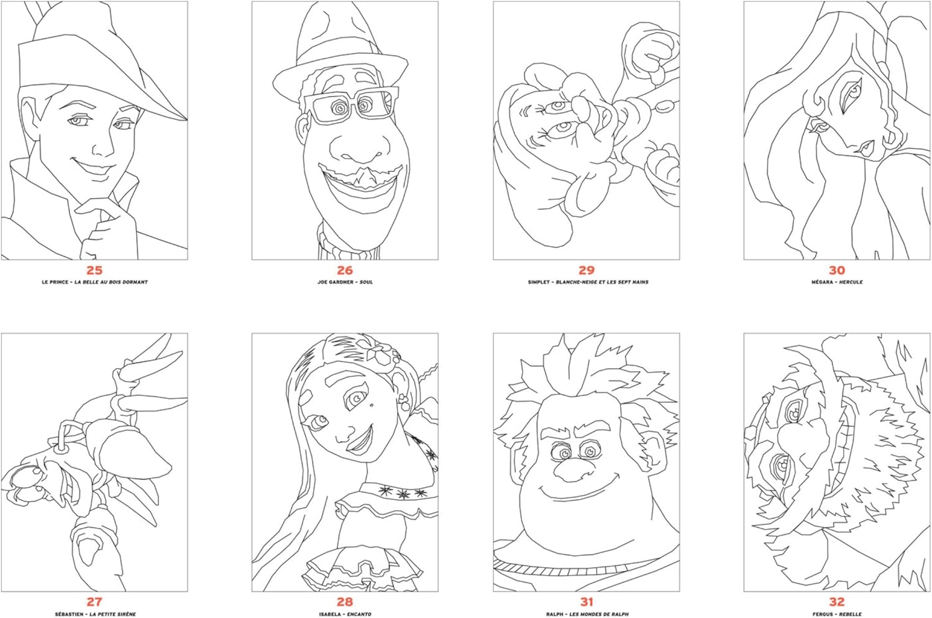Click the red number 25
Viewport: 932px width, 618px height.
(94, 270)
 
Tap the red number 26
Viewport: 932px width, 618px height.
(345, 270)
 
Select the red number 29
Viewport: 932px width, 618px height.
(587, 270)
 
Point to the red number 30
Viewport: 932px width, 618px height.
(837, 270)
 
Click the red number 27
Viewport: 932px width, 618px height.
(94, 602)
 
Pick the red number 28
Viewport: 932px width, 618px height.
(345, 602)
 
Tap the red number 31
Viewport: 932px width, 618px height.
(587, 602)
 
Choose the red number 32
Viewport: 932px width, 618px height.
(837, 602)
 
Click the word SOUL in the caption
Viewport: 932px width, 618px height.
(367, 282)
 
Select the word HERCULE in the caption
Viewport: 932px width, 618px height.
(851, 282)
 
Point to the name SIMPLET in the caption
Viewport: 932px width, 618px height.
(539, 282)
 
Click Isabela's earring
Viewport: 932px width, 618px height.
(403, 400)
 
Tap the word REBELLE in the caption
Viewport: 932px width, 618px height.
(851, 614)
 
